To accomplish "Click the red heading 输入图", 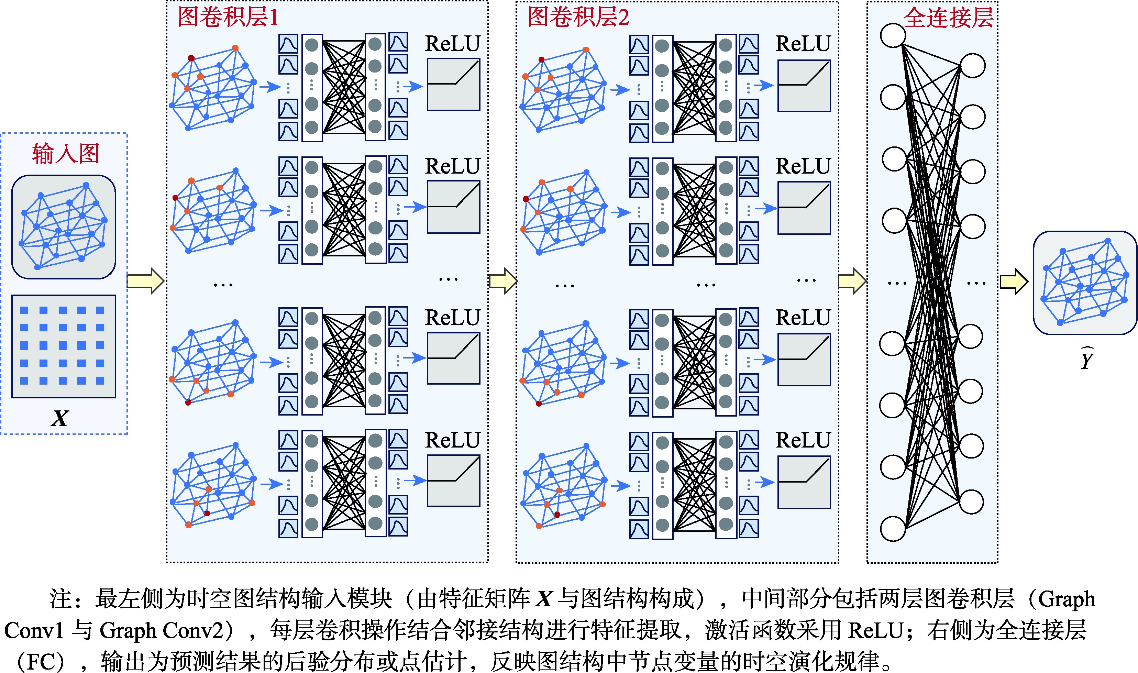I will (66, 153).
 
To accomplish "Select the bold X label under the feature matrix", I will (60, 418).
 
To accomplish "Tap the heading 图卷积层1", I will (228, 17).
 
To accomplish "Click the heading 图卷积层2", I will (578, 17).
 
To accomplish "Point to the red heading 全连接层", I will (949, 18).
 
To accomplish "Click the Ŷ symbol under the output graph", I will (1087, 359).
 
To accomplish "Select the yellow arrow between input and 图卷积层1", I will (145, 281).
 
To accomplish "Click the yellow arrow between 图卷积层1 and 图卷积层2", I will (503, 281).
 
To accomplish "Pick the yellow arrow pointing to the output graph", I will (1014, 282).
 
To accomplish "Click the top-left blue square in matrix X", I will (24, 310).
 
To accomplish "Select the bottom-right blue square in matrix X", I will (100, 380).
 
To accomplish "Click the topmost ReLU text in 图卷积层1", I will (452, 44).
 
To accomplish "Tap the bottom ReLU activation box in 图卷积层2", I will (804, 482).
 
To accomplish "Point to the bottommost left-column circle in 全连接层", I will (893, 529).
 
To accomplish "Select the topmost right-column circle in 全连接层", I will (973, 66).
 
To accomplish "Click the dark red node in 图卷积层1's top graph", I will (191, 58).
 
